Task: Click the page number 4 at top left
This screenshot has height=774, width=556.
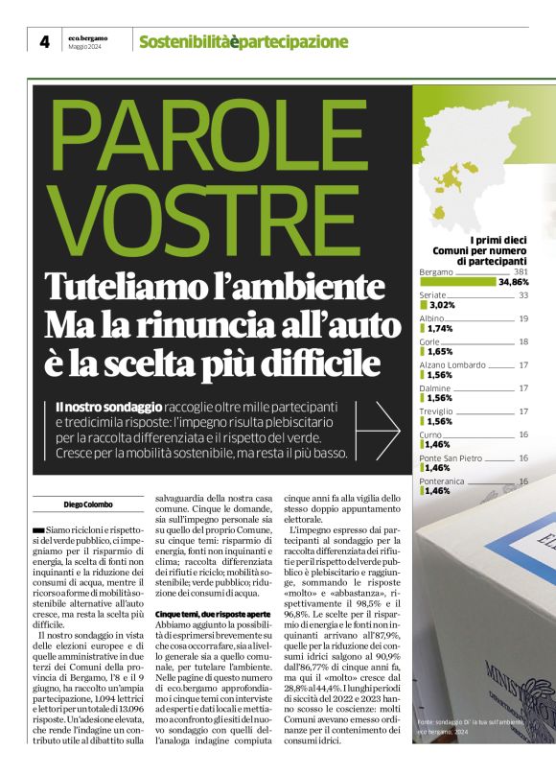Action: [x=44, y=41]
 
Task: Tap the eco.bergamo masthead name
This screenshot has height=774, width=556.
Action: [x=87, y=37]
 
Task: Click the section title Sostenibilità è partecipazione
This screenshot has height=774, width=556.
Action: [x=243, y=41]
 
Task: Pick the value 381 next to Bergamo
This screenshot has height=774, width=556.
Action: [x=521, y=271]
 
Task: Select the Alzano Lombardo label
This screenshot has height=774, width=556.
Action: [x=452, y=364]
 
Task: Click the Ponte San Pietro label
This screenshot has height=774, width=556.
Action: [x=451, y=457]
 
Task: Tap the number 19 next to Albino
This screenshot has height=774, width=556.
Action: [x=523, y=318]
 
